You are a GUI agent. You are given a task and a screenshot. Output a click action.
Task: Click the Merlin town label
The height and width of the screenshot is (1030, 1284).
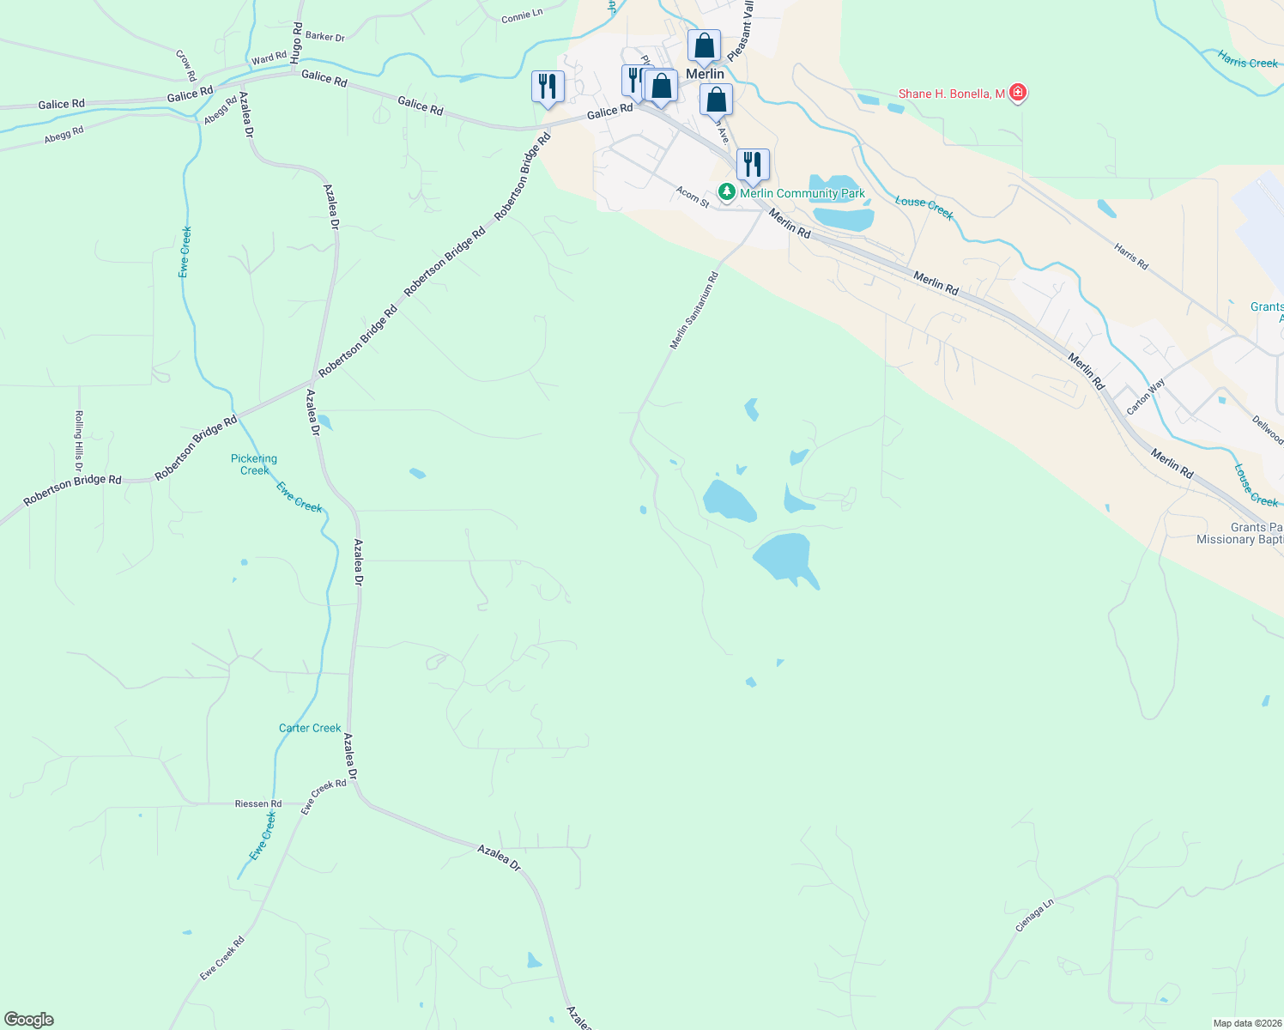tap(705, 75)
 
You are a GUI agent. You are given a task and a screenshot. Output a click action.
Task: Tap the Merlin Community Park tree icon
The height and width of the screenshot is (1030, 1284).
tap(727, 192)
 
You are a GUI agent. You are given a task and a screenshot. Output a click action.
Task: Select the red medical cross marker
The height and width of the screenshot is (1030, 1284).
tap(1018, 93)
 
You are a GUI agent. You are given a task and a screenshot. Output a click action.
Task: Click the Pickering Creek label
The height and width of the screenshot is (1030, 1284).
tap(254, 464)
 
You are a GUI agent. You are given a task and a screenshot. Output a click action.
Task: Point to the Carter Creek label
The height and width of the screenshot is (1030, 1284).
tap(310, 728)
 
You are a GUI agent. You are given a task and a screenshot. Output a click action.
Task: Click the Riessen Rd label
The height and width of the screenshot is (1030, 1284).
tap(258, 804)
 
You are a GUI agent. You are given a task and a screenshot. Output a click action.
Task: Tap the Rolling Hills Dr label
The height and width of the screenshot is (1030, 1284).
tap(79, 440)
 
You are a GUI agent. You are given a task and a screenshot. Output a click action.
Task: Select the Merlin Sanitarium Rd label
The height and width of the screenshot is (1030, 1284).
tap(694, 311)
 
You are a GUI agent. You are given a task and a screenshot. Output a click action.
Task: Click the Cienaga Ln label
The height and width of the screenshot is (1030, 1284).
tap(1034, 916)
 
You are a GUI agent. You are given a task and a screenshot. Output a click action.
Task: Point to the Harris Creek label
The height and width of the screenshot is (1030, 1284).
tap(1248, 59)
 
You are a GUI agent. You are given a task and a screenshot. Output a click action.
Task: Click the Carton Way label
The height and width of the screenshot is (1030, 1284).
tap(1146, 397)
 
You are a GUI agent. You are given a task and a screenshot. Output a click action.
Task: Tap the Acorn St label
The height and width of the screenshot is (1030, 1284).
tap(693, 197)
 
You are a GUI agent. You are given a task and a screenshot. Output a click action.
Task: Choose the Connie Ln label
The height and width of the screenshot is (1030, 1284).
tap(522, 16)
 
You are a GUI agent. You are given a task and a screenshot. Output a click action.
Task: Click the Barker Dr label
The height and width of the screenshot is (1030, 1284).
tap(325, 37)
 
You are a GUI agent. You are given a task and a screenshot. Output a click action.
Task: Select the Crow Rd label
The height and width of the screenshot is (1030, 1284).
tap(186, 65)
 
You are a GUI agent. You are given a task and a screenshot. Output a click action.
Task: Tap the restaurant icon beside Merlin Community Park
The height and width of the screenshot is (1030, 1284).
tap(752, 164)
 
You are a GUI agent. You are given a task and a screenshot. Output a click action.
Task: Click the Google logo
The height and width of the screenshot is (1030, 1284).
tap(27, 1020)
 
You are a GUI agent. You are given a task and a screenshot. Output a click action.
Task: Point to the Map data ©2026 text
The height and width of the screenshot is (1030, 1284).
tap(1245, 1023)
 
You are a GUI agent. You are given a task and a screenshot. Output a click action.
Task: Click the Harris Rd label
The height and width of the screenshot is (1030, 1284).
tap(1131, 256)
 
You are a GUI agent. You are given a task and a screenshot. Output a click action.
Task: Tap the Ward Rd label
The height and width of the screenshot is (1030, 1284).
tap(269, 58)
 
